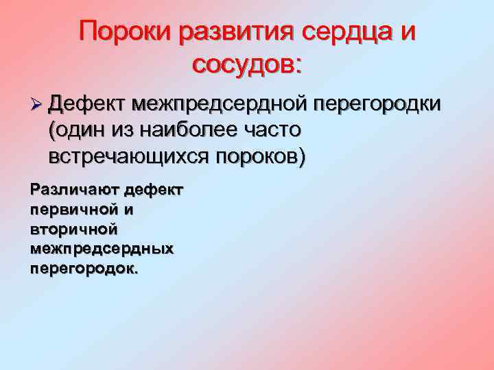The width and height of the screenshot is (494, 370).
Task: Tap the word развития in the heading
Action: [x=235, y=33]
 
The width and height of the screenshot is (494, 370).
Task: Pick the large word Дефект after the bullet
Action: [x=89, y=104]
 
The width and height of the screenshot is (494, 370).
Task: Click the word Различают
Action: [x=73, y=189]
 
